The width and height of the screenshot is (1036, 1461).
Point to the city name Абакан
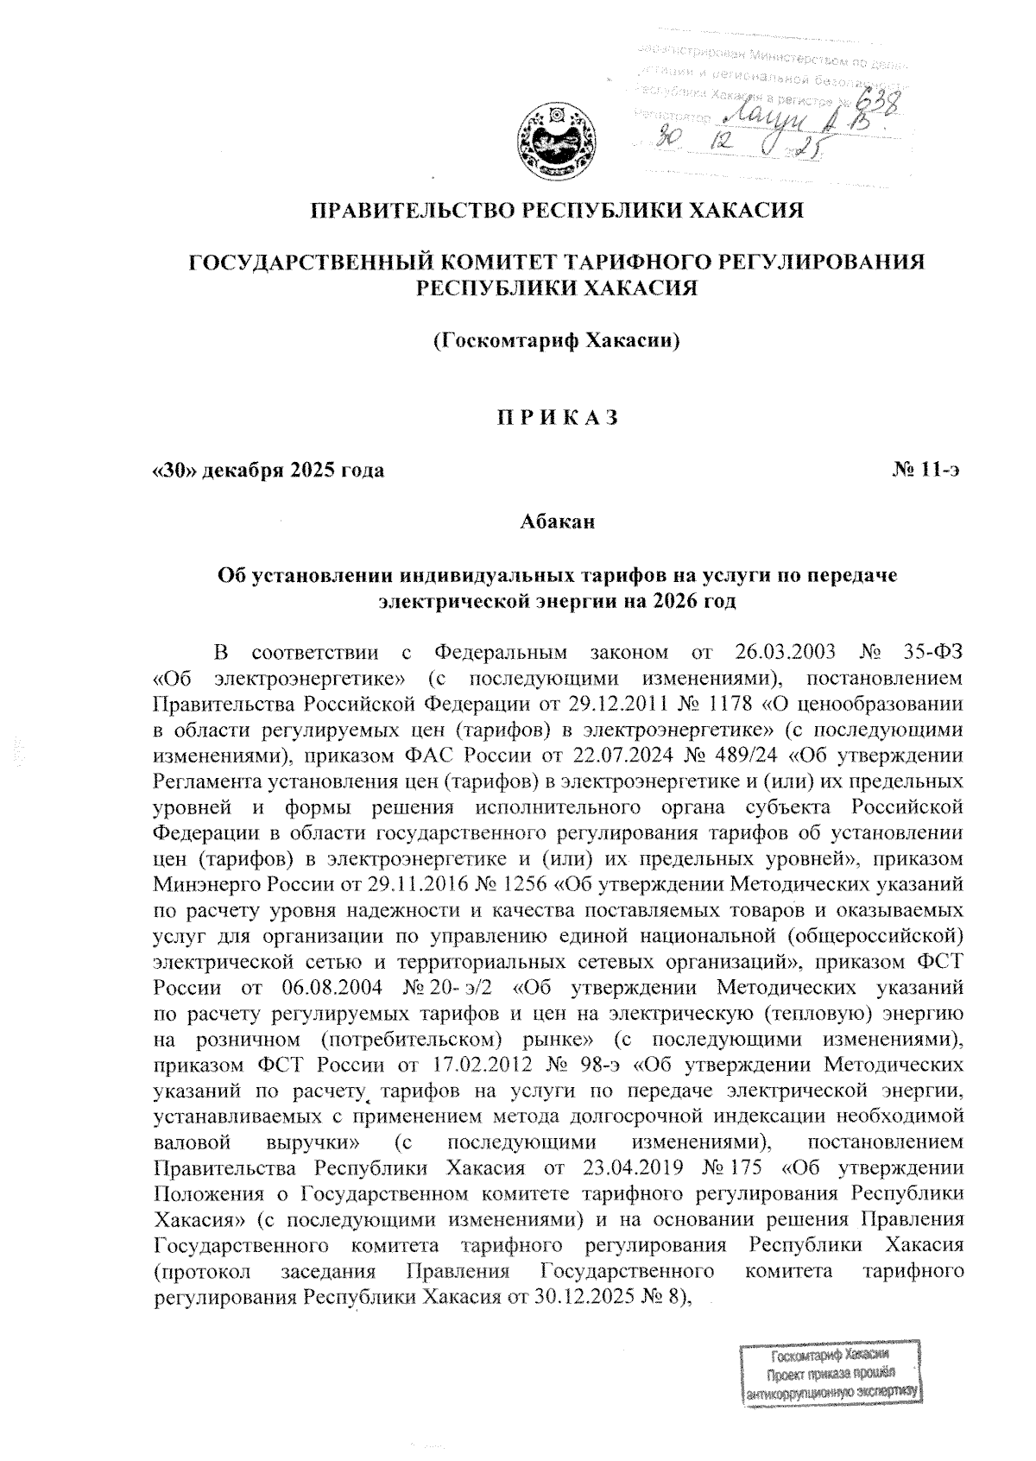click(557, 523)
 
